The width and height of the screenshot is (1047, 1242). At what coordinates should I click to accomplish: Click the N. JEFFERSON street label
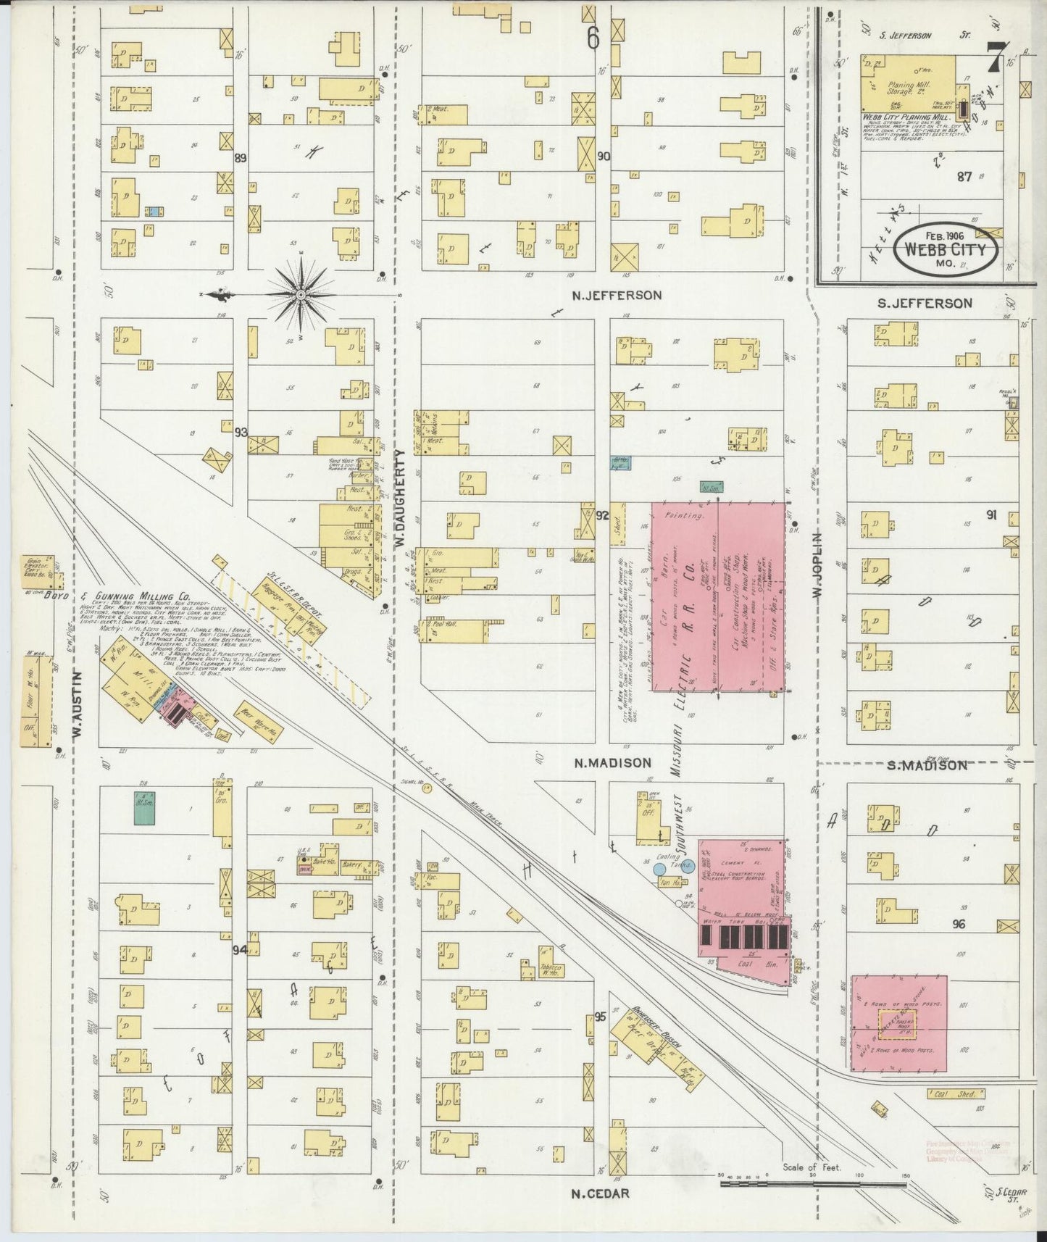click(616, 296)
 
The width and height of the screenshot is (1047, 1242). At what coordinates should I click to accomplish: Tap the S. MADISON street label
click(927, 765)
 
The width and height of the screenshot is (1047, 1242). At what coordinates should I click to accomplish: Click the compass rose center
click(301, 295)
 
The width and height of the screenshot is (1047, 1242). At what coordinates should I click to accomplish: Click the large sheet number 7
click(997, 57)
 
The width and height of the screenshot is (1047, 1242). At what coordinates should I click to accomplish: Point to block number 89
click(241, 157)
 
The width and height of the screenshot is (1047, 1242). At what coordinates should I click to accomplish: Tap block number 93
click(241, 433)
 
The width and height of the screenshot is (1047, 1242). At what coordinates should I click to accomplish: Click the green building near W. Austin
click(146, 810)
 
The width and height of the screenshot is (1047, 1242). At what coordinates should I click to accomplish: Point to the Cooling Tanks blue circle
click(659, 868)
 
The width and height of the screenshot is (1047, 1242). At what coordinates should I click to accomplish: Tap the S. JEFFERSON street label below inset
click(925, 303)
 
